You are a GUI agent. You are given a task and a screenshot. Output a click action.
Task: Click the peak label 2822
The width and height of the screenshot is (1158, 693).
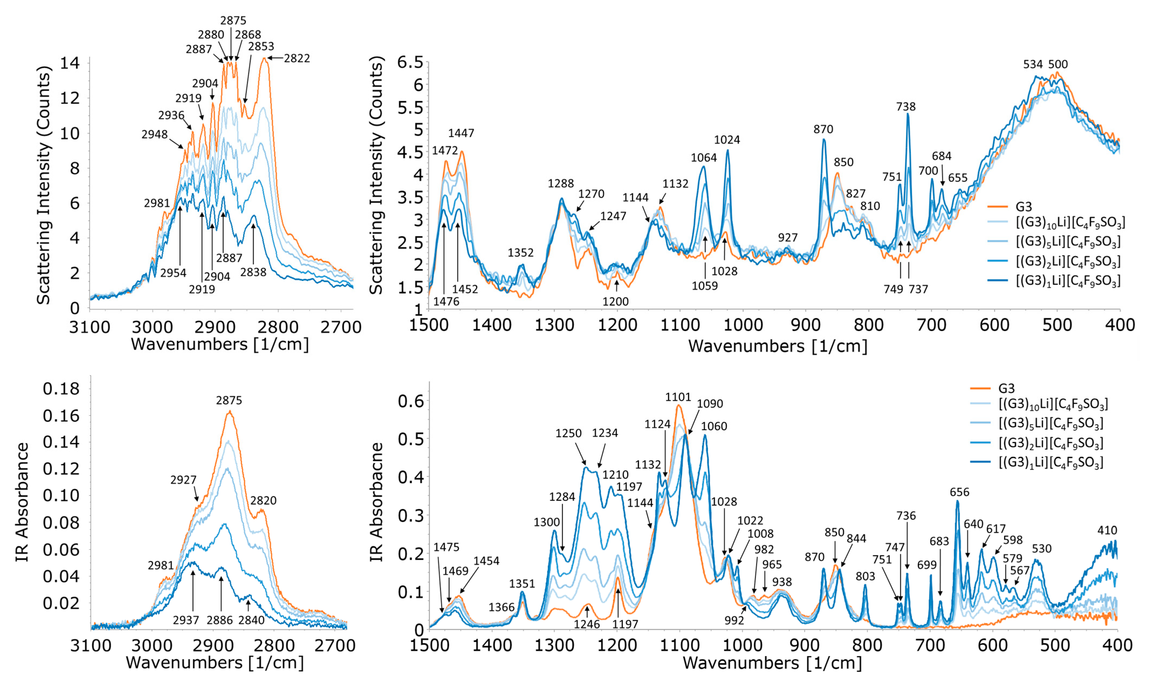[297, 58]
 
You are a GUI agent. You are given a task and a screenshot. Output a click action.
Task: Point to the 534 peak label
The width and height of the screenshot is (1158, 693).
[1033, 64]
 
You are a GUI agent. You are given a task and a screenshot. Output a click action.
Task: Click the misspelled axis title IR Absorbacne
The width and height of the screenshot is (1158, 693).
[376, 502]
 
